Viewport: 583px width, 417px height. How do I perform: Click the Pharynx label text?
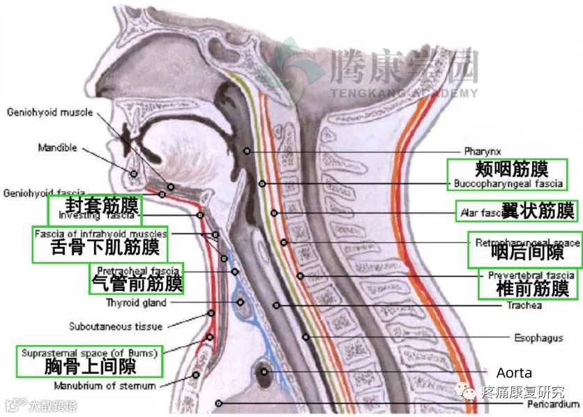(481, 151)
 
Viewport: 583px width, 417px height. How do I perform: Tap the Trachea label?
(525, 305)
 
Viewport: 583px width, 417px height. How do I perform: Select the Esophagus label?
(538, 338)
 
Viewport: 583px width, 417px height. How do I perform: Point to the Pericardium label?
(554, 404)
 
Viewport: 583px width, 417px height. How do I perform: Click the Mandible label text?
(58, 149)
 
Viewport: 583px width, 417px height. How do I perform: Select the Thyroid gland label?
(136, 303)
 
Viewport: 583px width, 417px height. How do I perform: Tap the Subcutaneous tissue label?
(116, 326)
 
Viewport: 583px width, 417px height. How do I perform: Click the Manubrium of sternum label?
(105, 385)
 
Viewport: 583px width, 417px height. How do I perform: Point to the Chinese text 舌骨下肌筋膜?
(105, 248)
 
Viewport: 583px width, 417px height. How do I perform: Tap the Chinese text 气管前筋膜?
(137, 282)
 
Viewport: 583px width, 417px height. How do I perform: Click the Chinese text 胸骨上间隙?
(90, 366)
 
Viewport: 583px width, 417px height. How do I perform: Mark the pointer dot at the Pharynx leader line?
(246, 151)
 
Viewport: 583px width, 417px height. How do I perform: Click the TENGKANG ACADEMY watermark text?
(404, 93)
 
